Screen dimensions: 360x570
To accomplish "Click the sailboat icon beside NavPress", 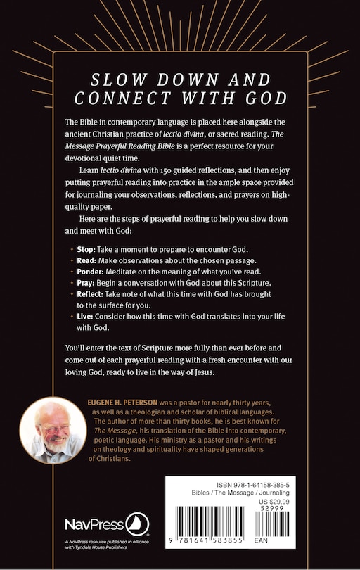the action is (136, 524).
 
